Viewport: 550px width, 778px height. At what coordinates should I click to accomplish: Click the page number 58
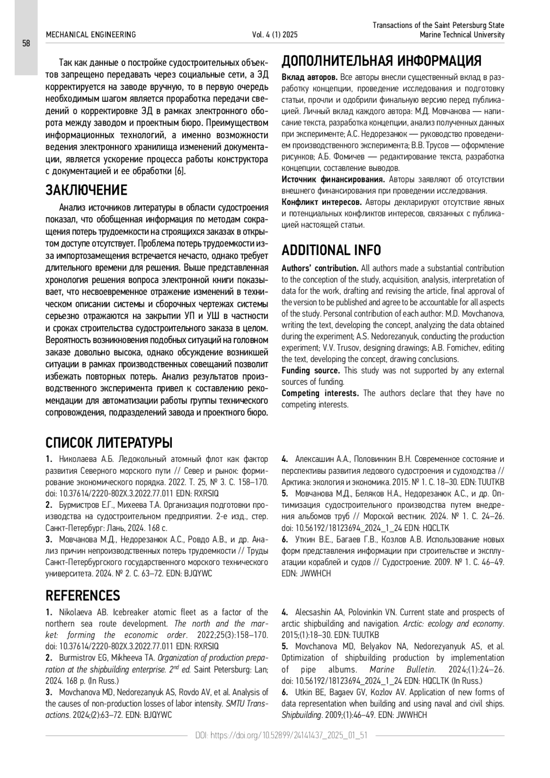click(x=26, y=44)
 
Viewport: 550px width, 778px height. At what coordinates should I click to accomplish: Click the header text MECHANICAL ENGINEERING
click(x=91, y=35)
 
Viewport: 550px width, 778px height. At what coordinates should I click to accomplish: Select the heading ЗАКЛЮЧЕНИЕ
click(x=86, y=190)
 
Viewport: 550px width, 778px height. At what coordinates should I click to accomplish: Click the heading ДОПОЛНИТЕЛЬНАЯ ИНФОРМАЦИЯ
click(x=381, y=61)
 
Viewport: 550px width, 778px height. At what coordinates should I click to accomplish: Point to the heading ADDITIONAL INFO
click(x=331, y=250)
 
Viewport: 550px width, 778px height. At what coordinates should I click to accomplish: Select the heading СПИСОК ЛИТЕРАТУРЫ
click(x=109, y=443)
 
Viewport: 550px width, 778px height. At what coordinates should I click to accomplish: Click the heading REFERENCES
click(x=82, y=596)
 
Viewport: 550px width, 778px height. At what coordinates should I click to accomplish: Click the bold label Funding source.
click(x=310, y=371)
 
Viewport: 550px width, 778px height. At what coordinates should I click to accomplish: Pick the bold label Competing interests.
click(x=320, y=394)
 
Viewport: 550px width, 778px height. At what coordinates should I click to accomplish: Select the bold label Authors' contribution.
click(x=319, y=268)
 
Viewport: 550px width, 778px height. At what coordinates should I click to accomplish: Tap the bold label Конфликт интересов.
click(x=321, y=202)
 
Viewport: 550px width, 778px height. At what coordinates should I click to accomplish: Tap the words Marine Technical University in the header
click(x=462, y=35)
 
